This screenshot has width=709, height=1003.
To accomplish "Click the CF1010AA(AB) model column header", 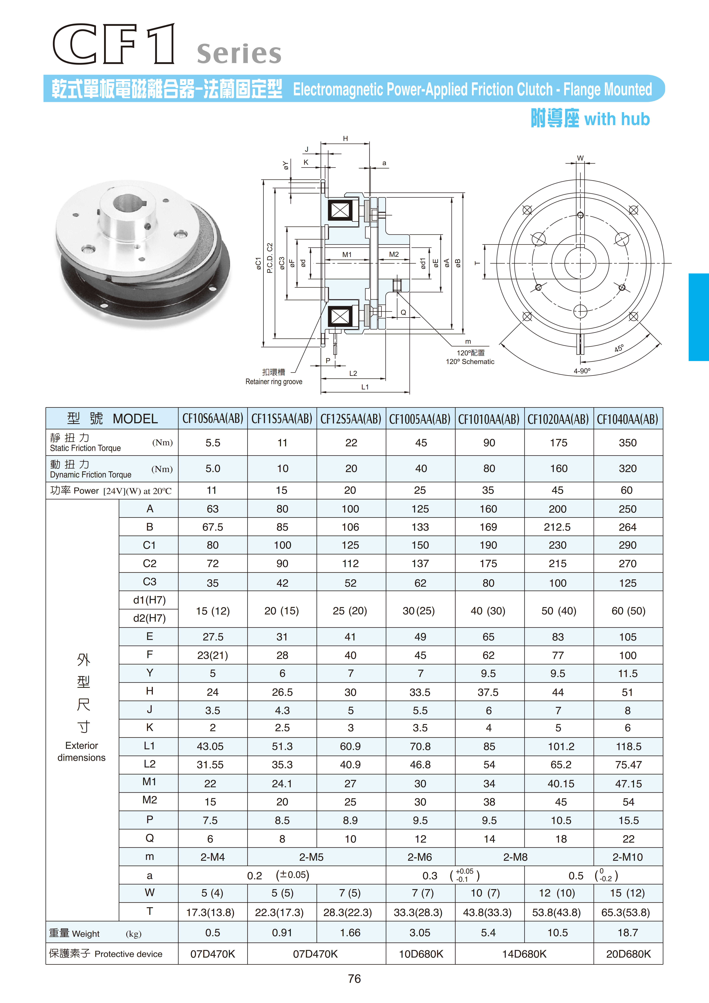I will click(x=489, y=419).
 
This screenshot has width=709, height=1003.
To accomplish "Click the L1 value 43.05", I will click(x=210, y=747).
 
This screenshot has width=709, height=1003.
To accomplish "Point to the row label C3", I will click(x=149, y=582).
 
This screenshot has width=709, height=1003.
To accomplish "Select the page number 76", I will click(x=354, y=979).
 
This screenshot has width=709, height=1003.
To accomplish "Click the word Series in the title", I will click(x=239, y=54).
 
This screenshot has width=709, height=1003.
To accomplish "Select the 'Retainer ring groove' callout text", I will click(x=274, y=382).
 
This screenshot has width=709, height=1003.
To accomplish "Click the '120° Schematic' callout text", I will click(x=470, y=362).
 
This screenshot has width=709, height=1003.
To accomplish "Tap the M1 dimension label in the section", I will click(x=347, y=255).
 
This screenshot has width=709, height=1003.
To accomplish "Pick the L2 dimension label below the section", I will click(x=353, y=374).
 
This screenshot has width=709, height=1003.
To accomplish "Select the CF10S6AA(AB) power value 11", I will click(x=212, y=491).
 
